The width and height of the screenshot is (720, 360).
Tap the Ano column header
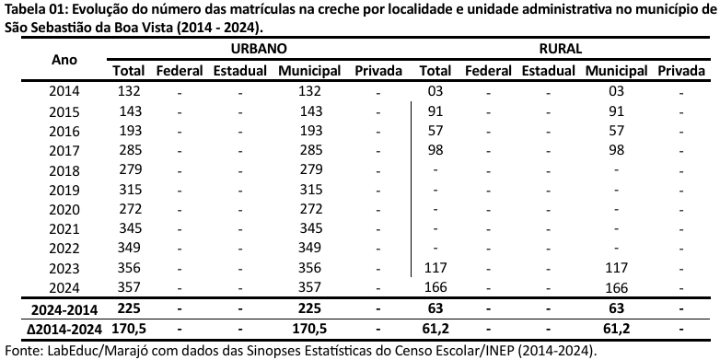[64, 59]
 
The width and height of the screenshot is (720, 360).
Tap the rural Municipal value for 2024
[616, 287]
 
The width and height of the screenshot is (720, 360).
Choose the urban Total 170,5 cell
[130, 328]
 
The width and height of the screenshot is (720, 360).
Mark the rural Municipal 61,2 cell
[616, 328]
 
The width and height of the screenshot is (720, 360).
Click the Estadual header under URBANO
[239, 71]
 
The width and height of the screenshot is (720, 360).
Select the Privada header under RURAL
[682, 71]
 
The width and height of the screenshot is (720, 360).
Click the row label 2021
[64, 228]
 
